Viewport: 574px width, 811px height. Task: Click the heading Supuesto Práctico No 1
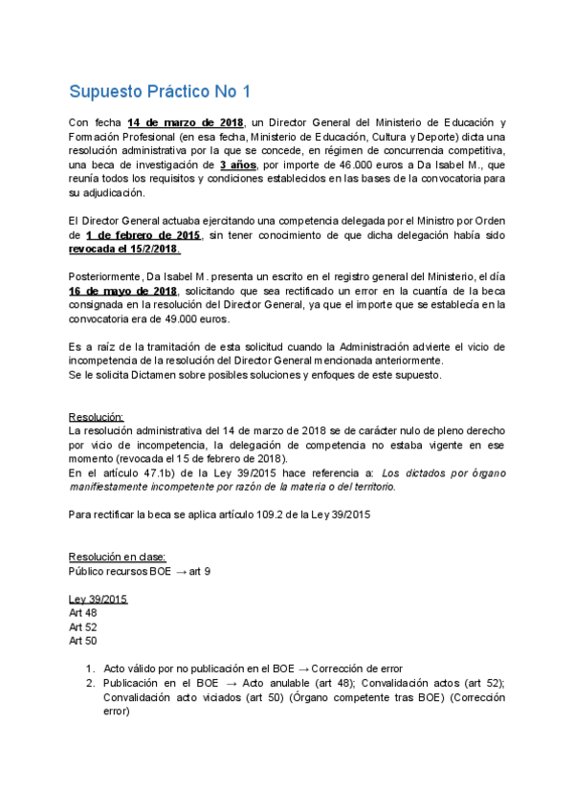tap(159, 92)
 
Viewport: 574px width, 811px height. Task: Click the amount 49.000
tap(200, 319)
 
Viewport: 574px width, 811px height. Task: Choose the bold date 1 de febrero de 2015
tap(143, 234)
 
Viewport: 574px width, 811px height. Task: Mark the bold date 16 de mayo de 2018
tap(122, 291)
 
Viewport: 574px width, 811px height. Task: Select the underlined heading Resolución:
tap(97, 417)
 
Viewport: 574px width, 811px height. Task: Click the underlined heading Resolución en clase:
tap(117, 557)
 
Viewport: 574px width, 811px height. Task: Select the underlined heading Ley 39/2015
tap(98, 599)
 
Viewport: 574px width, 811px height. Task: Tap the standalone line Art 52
tap(82, 626)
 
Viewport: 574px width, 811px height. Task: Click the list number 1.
tap(89, 668)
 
